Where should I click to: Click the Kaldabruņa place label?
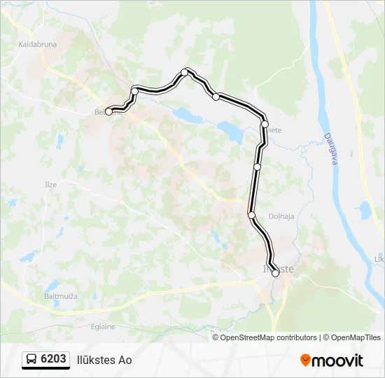33,44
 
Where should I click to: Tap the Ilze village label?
51,184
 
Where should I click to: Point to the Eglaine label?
101,326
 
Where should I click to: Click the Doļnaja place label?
281,217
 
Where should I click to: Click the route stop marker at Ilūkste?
275,274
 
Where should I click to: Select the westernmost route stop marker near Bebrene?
108,111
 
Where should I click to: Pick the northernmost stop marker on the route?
185,72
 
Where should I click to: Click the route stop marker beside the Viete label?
265,124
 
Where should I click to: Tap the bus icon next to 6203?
31,360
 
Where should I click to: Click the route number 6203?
54,360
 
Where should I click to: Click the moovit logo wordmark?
337,360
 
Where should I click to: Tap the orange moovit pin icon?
305,360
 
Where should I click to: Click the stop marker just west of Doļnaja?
251,215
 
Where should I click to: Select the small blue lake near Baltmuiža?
52,286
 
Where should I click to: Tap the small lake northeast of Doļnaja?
363,209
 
